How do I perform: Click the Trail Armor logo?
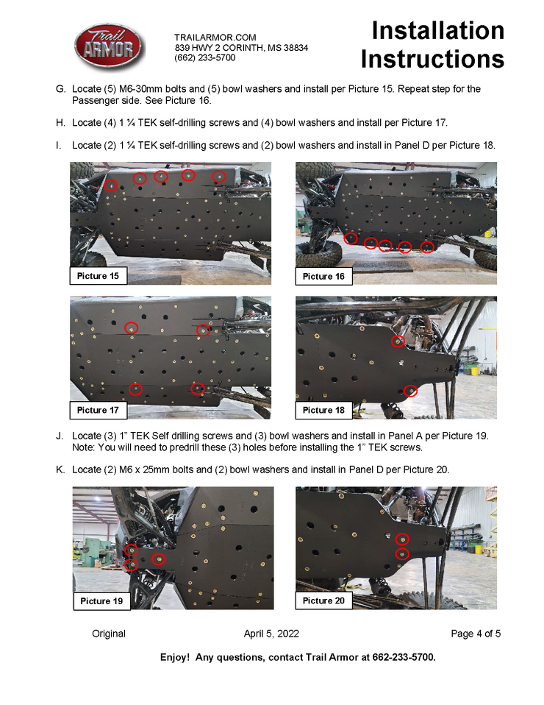pos(109,47)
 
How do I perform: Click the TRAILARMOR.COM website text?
pos(215,38)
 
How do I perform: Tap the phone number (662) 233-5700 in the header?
pos(205,57)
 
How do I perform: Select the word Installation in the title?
pos(438,31)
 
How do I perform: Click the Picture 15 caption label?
pos(98,276)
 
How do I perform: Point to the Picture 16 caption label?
pos(323,277)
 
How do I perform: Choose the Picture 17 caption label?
pos(98,410)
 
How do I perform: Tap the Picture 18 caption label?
pos(323,410)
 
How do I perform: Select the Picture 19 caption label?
pos(101,601)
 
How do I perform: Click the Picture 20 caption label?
pos(323,601)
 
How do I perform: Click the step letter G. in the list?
pos(60,89)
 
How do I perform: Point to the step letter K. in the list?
pos(60,470)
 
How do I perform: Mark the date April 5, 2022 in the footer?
pos(271,634)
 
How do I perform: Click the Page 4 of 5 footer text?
pos(476,634)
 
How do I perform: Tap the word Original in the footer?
pos(109,634)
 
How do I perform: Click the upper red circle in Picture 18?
pos(398,341)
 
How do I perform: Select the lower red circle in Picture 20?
pos(402,554)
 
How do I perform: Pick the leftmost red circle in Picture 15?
pos(110,185)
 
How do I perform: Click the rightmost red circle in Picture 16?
pos(427,247)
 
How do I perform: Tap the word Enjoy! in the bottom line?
pos(175,658)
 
